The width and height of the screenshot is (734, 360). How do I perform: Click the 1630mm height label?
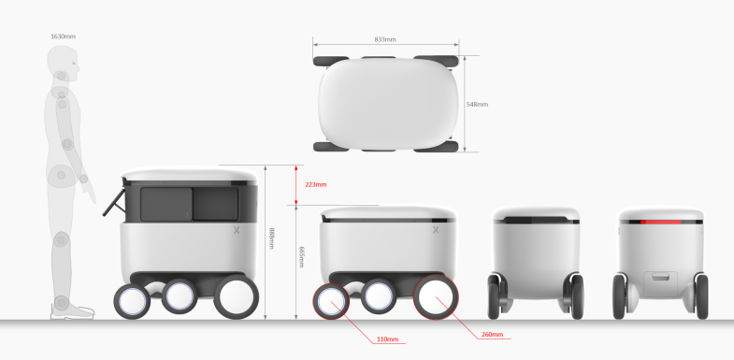pos(63,36)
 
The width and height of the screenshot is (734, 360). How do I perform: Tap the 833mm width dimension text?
pos(385,39)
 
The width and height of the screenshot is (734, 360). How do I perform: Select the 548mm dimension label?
pos(477,105)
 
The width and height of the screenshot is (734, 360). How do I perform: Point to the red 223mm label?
pos(316,184)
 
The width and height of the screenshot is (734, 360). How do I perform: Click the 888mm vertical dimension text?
pos(271,238)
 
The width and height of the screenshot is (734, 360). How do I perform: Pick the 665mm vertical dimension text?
pos(301,257)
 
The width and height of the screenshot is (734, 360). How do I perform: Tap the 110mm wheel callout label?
pos(387,338)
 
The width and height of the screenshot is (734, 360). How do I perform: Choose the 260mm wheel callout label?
pos(493,334)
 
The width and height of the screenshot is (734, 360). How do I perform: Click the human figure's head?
pos(63,59)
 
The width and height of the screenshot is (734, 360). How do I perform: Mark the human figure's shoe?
pos(72,311)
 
